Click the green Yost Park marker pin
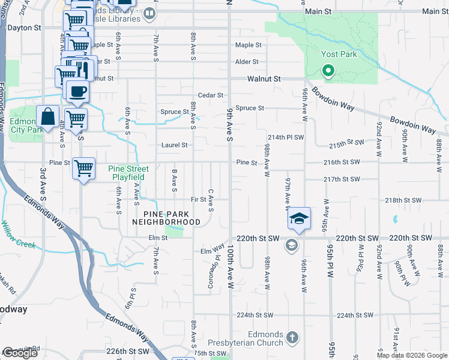click(328, 73)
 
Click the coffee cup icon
click(77, 92)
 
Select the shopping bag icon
click(48, 117)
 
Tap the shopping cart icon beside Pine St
click(83, 168)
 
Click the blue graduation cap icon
click(299, 218)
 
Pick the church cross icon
click(292, 336)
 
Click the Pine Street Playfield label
click(128, 173)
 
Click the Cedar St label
click(211, 95)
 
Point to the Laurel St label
click(175, 145)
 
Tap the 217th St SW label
click(341, 179)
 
